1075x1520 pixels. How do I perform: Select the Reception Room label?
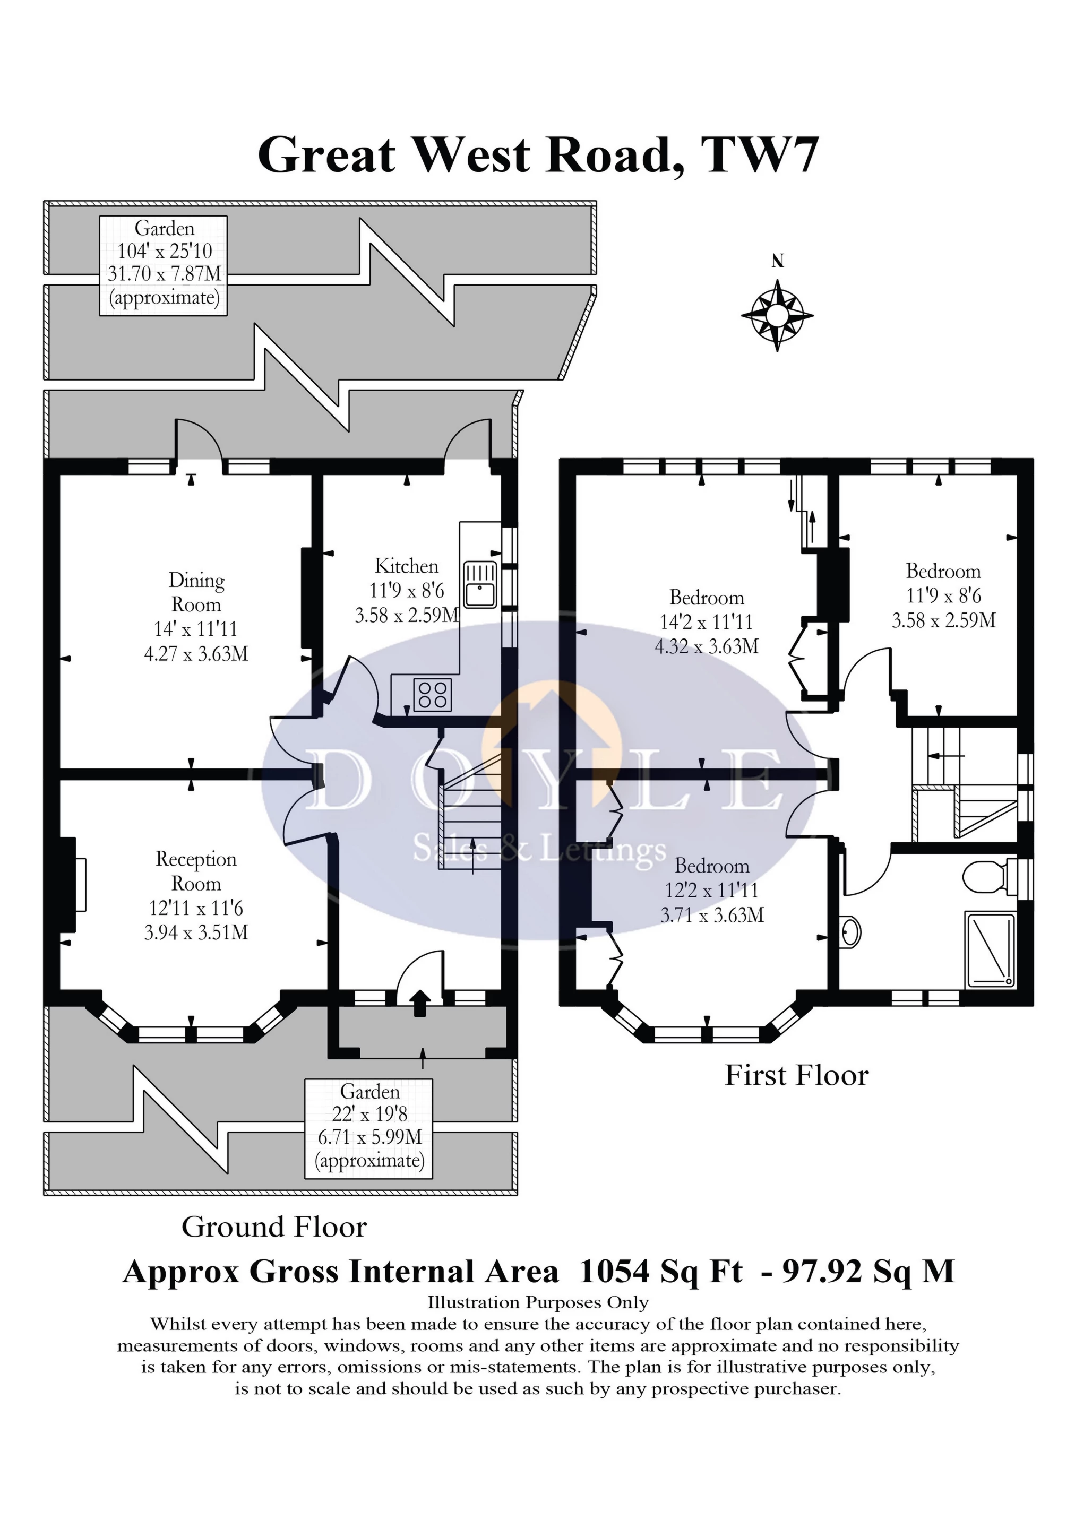(x=196, y=871)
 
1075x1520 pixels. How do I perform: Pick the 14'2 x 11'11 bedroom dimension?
(x=706, y=621)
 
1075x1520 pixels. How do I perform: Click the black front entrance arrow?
(x=420, y=1003)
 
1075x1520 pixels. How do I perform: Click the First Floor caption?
(x=796, y=1075)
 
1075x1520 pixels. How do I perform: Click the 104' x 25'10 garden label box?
(x=164, y=265)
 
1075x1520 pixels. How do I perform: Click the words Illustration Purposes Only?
(x=538, y=1303)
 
